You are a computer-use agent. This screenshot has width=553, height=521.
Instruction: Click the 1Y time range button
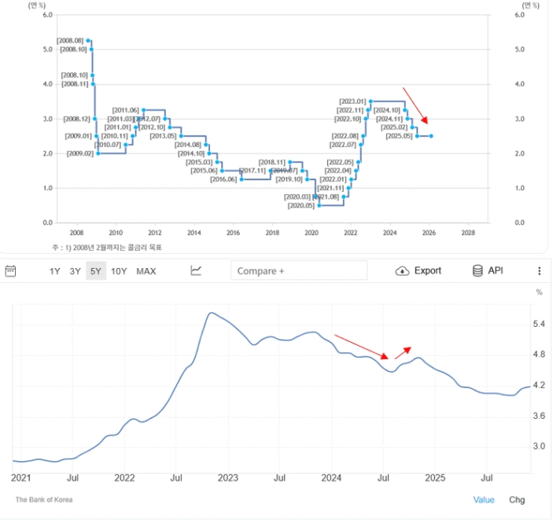coord(55,271)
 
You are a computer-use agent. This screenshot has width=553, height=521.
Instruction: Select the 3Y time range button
coord(75,271)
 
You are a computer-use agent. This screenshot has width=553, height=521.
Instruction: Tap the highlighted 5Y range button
coord(96,271)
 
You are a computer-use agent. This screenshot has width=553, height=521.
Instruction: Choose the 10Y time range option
coord(119,271)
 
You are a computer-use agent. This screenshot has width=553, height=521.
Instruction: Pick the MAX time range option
coord(146,271)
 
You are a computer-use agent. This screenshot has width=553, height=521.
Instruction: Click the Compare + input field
coord(299,271)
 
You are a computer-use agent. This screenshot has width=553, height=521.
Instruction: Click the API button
coord(487,271)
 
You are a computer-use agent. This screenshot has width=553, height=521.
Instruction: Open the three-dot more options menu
coord(540,271)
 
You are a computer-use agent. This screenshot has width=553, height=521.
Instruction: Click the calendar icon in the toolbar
coord(11,271)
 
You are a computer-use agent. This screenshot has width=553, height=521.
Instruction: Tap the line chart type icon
coord(196,271)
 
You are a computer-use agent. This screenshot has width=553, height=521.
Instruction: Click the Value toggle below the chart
coord(484,500)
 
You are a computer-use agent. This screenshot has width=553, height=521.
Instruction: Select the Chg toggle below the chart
coord(517,500)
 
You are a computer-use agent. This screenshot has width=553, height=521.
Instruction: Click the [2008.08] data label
coord(70,40)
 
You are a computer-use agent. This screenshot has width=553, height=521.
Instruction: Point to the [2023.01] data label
coord(352,101)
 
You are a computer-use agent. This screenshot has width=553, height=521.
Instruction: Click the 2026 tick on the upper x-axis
coord(429,233)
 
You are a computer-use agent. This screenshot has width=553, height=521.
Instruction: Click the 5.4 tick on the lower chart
coord(539,324)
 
